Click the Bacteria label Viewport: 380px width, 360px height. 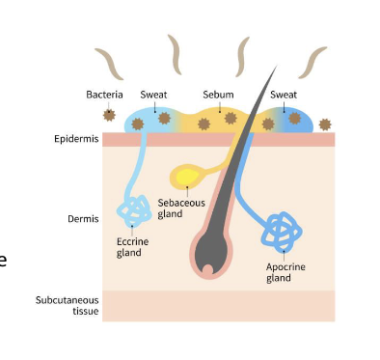(104, 95)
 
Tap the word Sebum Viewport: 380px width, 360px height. (218, 95)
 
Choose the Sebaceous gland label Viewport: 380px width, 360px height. (180, 208)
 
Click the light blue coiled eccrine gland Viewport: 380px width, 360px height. (130, 208)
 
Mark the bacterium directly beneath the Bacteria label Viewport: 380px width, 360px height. (109, 115)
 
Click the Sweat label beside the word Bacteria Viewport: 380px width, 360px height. (153, 95)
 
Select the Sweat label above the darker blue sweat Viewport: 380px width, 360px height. (283, 95)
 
